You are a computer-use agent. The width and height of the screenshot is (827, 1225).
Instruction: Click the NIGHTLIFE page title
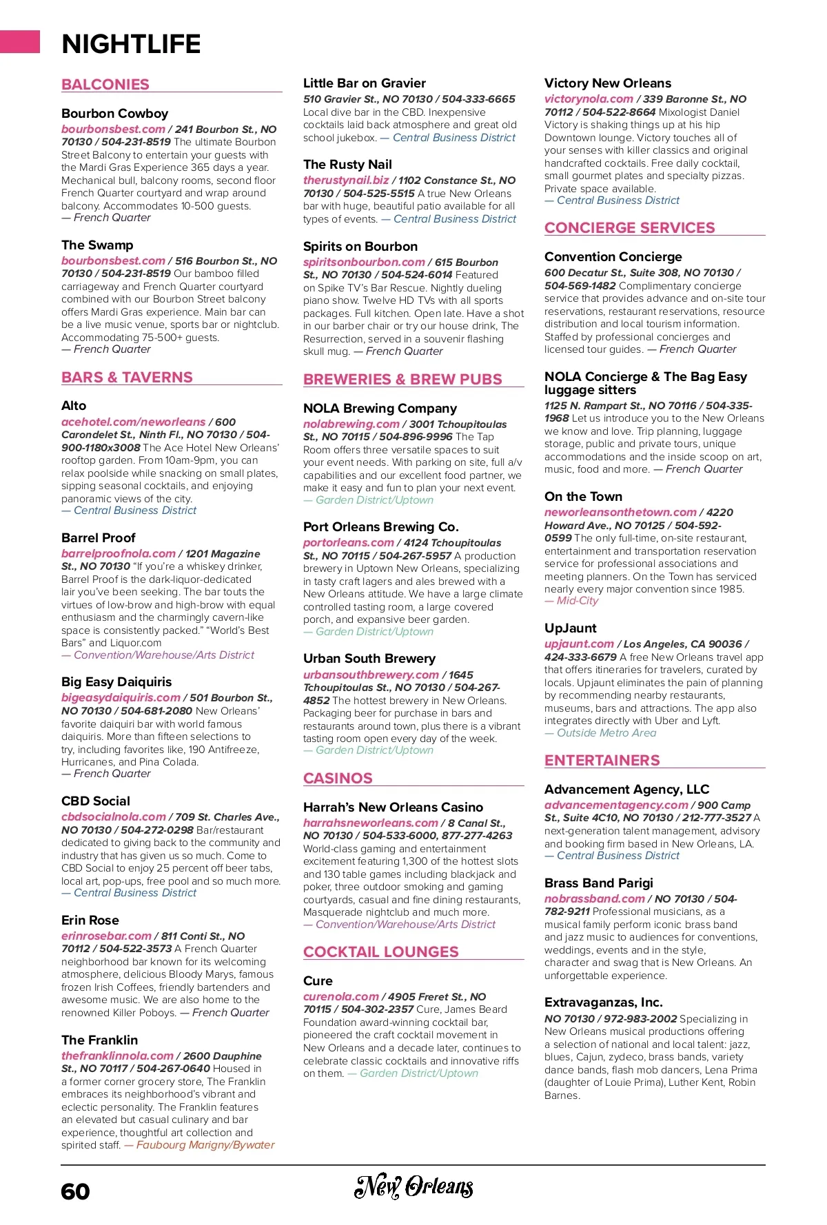131,44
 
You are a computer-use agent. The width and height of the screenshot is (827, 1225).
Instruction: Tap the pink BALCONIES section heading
105,85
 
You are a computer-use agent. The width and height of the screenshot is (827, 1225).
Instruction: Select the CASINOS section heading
338,779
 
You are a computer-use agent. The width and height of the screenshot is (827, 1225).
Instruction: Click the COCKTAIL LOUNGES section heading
381,952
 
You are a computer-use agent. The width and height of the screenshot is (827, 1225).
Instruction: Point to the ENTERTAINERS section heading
602,761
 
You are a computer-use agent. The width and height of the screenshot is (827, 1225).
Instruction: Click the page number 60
75,1192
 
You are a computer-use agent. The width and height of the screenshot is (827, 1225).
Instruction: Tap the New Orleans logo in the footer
413,1186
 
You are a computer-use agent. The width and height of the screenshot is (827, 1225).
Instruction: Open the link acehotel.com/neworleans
133,422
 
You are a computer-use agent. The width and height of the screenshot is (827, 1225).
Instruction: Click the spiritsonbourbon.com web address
364,262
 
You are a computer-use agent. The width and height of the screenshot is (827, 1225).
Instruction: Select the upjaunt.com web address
579,644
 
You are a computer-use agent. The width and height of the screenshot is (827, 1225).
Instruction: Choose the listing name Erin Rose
90,920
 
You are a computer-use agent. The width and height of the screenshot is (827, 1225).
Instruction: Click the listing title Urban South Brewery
369,659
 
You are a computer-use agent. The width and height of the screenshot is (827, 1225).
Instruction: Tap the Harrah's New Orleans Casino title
393,807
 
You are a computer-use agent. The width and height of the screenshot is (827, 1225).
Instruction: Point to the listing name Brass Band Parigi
598,883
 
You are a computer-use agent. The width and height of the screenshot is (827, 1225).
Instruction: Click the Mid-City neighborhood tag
578,601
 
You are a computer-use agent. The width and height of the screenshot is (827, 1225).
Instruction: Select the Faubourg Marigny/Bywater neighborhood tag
205,1145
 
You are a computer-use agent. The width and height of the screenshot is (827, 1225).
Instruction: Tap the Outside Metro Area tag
606,733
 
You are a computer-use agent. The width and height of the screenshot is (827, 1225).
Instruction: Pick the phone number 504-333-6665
478,99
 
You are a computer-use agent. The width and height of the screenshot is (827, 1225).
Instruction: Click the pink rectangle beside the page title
20,41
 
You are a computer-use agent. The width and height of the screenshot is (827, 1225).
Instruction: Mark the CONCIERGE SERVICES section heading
629,228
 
